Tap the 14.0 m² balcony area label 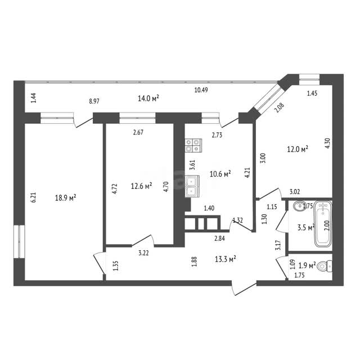(x=148, y=98)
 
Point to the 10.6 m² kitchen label (x=220, y=174)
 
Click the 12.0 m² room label (x=297, y=149)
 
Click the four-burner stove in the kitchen (x=192, y=146)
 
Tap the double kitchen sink (x=192, y=186)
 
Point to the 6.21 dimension (x=34, y=197)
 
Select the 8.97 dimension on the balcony (x=96, y=101)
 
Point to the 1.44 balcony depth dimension (x=34, y=97)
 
